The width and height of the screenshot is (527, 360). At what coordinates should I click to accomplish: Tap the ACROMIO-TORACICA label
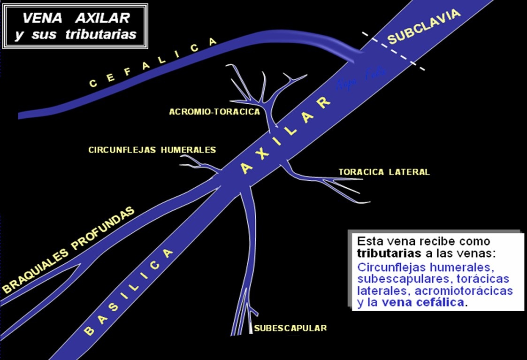coord(215,112)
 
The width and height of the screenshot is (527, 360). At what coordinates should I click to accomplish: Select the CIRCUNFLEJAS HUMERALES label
coord(152,150)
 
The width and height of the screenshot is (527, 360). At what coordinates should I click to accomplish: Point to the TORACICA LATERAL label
coord(384,172)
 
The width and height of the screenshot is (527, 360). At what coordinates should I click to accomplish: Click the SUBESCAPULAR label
coord(290,328)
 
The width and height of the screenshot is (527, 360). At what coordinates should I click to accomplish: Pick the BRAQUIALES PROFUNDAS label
coord(68,251)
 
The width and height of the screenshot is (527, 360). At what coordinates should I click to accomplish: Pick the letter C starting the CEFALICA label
coord(92,85)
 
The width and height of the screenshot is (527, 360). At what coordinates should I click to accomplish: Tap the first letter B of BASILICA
coord(89,330)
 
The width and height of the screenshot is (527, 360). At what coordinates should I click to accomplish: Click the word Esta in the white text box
coord(368,242)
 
